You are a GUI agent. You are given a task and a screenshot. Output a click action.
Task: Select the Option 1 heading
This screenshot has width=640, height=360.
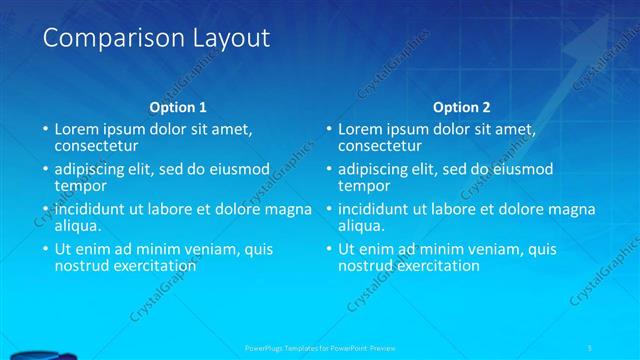click(x=178, y=107)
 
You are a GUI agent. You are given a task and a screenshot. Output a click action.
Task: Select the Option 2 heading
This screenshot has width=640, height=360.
click(x=462, y=107)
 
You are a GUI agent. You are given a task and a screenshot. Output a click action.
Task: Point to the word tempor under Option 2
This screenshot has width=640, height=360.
click(x=363, y=185)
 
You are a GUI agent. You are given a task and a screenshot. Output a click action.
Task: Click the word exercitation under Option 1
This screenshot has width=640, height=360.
click(x=147, y=265)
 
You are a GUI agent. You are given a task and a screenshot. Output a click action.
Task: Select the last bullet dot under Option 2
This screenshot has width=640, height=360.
click(x=329, y=250)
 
